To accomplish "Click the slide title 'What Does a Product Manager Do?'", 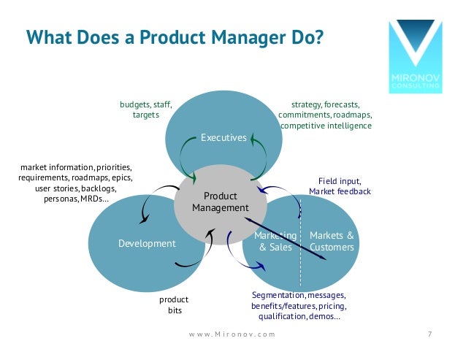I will (x=173, y=36).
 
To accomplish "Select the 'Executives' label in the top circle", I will (x=224, y=137).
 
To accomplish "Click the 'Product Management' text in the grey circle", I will (x=221, y=202).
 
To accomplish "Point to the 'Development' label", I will (x=147, y=243).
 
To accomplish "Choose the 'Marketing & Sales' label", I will (x=275, y=241).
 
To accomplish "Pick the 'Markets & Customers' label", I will (x=332, y=241).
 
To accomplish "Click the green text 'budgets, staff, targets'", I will (x=146, y=110).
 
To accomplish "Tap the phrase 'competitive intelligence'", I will (x=326, y=126).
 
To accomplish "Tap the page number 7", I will (x=429, y=334).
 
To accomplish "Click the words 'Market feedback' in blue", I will (x=340, y=191).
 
